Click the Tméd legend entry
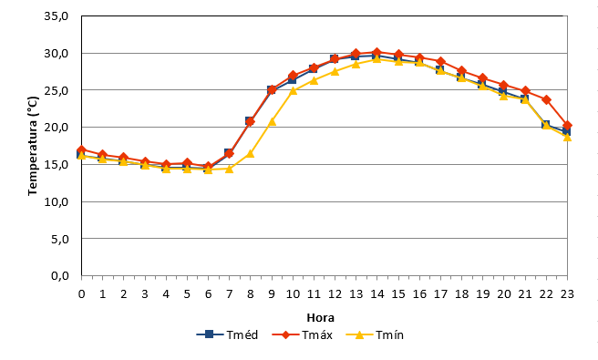[227, 334]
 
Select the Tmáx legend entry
[302, 334]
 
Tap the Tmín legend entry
[375, 334]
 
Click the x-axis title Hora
[320, 318]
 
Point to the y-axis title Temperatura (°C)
[33, 146]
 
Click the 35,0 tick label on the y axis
[57, 16]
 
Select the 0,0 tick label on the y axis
[60, 275]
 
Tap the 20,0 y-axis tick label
[57, 127]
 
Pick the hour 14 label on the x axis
[376, 294]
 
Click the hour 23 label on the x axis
[567, 294]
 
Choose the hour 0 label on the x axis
[81, 294]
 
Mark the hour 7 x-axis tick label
[229, 294]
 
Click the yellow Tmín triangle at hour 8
[250, 153]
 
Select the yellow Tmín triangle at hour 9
[272, 121]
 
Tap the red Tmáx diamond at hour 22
[546, 100]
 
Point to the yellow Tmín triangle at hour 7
[229, 169]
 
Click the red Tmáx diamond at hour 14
[376, 52]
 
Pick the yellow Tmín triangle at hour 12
[335, 71]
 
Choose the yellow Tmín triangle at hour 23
[567, 137]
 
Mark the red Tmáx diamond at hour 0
[81, 149]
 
